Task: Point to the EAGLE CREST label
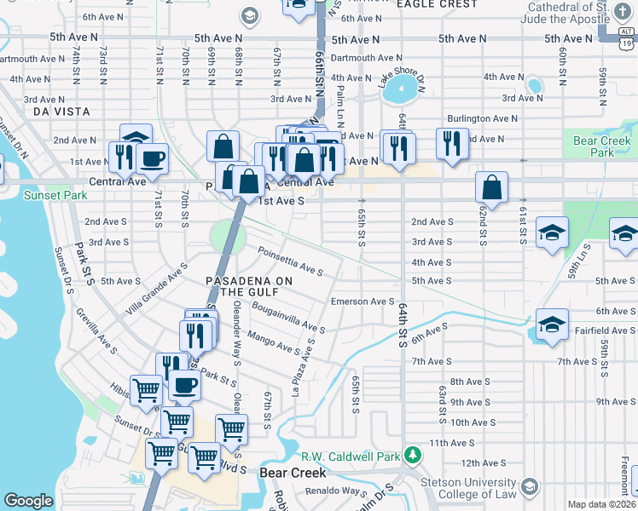(425, 4)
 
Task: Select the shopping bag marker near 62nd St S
(492, 187)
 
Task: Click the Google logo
(28, 501)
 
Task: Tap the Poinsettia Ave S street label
(291, 261)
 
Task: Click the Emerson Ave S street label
(362, 301)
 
